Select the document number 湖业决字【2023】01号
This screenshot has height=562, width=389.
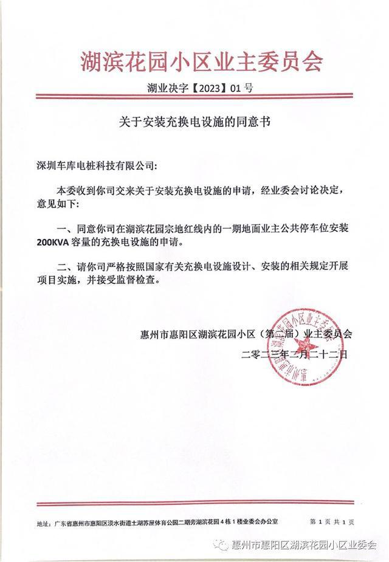[200, 89]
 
